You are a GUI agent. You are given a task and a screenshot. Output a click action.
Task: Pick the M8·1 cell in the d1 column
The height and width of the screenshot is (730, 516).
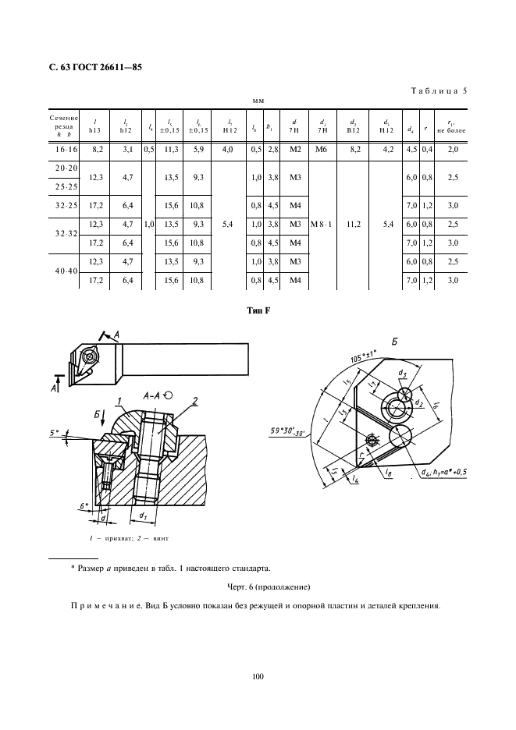pos(321,225)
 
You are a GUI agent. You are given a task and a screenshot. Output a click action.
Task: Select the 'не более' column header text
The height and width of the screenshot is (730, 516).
pos(451,131)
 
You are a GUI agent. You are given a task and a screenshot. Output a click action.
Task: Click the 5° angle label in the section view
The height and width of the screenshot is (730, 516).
pos(53,432)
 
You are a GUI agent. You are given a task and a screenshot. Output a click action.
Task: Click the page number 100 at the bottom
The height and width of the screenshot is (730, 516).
pos(258,676)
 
